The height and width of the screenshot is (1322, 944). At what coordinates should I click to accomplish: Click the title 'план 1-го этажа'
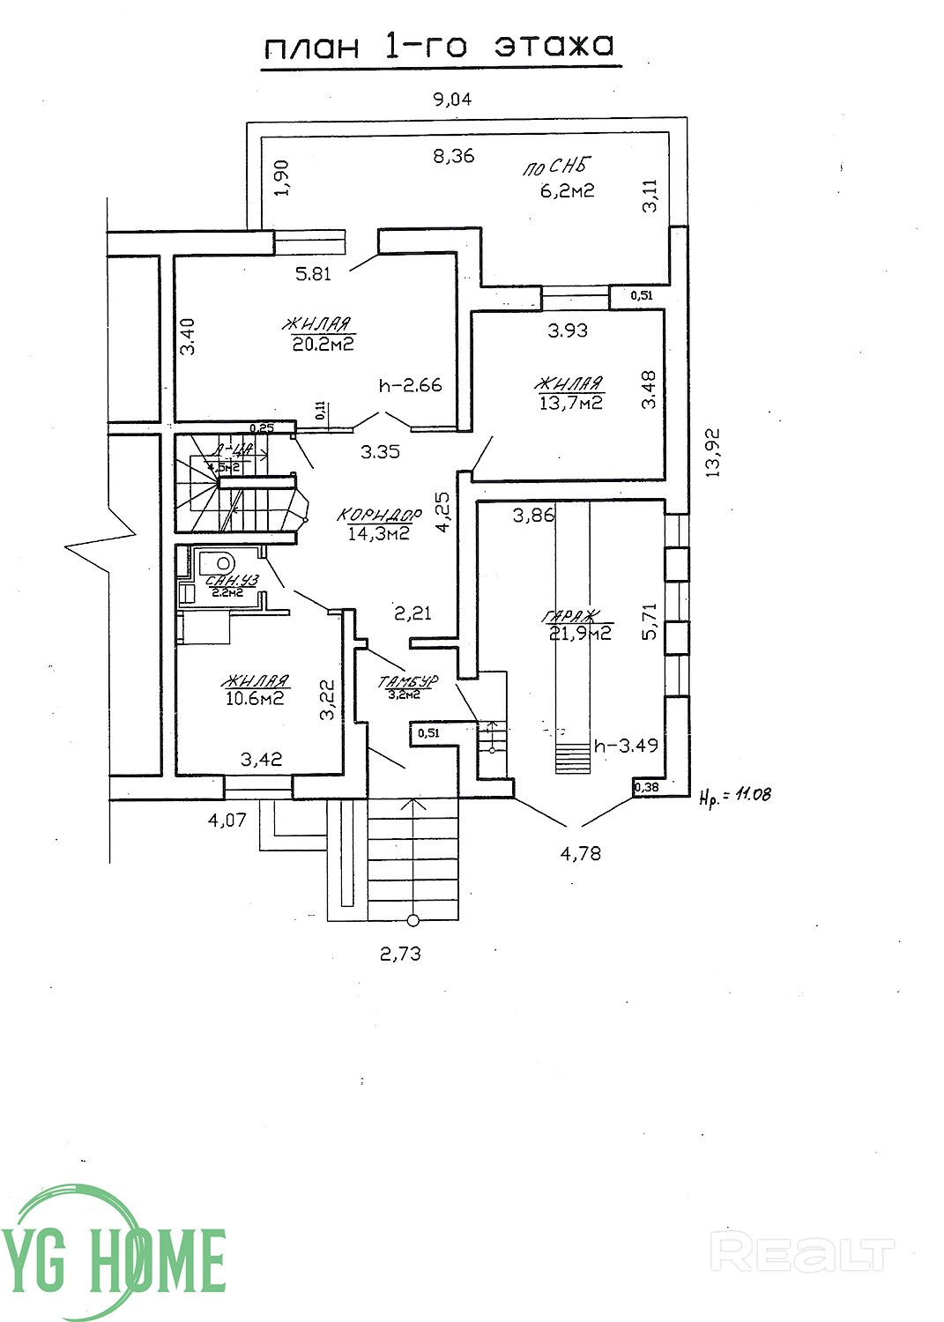[439, 46]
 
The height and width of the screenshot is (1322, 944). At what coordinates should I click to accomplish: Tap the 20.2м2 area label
[323, 344]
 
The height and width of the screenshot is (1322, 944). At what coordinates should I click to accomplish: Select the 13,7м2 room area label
[570, 403]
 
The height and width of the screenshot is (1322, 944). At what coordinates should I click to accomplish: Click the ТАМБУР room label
[407, 681]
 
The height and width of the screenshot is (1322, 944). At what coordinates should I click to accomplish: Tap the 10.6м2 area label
[255, 698]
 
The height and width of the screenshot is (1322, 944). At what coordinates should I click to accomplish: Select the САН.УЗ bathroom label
[231, 581]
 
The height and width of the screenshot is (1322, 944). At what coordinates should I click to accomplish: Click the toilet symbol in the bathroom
[217, 561]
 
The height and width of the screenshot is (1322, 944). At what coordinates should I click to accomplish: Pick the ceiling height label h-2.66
[410, 385]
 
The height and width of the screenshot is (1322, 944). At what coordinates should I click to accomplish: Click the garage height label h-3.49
[626, 746]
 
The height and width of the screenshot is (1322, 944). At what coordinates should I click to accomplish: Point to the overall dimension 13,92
[713, 452]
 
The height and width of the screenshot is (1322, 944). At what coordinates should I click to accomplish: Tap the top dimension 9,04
[451, 99]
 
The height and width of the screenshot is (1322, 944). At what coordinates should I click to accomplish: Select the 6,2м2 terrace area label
[567, 189]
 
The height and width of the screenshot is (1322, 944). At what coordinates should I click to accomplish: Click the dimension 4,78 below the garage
[580, 852]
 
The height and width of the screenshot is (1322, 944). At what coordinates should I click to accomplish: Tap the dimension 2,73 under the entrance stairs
[400, 953]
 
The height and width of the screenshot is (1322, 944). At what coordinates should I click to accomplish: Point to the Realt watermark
[801, 1254]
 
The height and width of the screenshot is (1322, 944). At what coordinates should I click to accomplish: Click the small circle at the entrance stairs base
[413, 921]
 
